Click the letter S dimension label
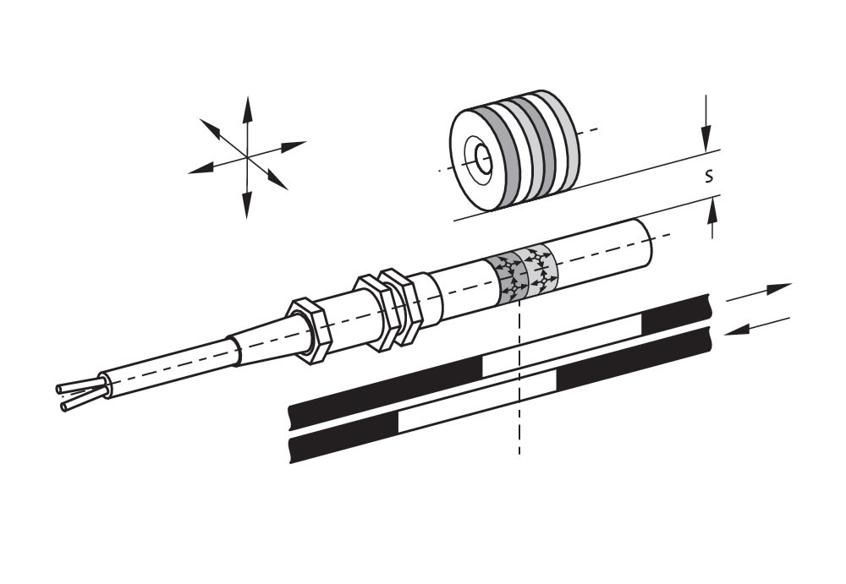709,176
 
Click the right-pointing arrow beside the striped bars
759,292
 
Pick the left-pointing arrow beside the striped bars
756,326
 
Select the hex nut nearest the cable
308,330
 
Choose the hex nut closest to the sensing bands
402,307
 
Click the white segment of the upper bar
562,345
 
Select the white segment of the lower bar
477,401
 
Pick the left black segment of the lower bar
343,436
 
